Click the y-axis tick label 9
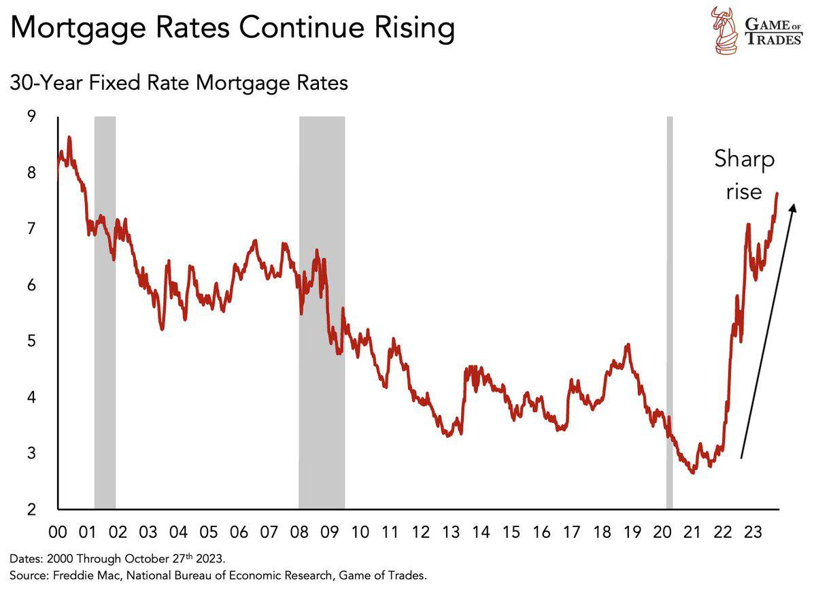point(31,116)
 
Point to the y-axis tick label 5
point(31,341)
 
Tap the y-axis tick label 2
point(31,509)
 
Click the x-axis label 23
point(752,532)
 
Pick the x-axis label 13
point(451,532)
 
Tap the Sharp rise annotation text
point(744,175)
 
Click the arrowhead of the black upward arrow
point(791,213)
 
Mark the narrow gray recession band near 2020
point(669,313)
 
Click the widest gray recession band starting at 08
point(322,313)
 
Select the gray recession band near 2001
point(105,313)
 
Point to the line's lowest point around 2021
point(692,472)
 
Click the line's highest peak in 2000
point(69,138)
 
